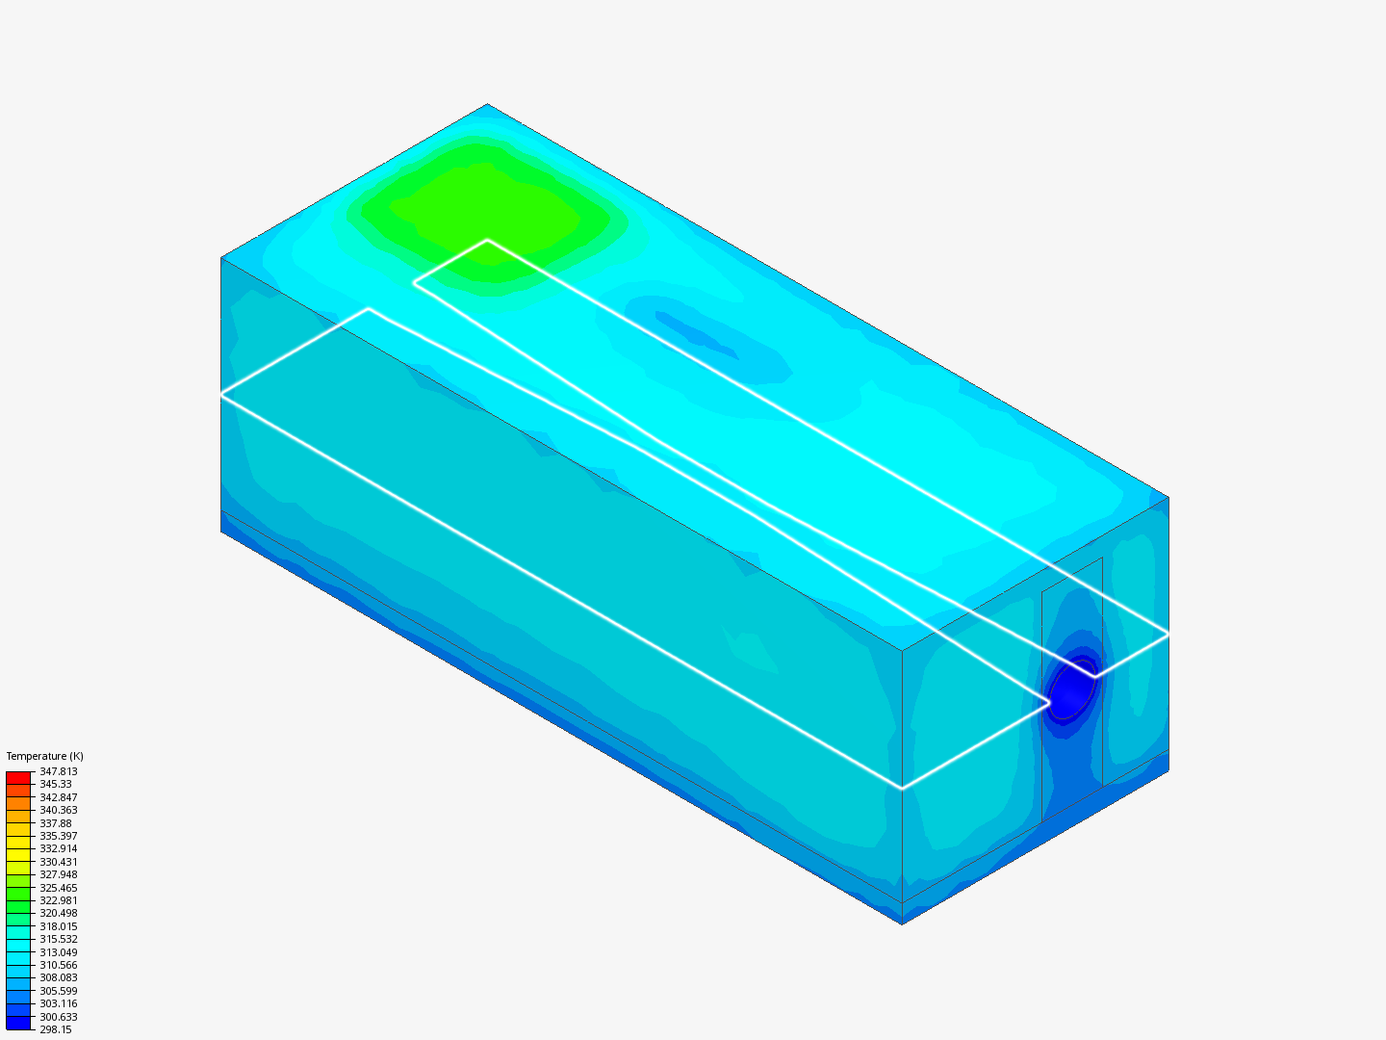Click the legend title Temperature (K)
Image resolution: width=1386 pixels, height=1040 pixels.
point(45,756)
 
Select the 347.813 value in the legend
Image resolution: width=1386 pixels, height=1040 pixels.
point(59,771)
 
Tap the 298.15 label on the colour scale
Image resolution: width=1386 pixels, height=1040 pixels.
point(56,1029)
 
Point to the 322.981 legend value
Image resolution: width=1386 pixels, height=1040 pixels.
point(59,900)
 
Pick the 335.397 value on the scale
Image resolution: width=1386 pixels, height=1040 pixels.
point(59,836)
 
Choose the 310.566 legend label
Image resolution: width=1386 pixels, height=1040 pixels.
point(59,965)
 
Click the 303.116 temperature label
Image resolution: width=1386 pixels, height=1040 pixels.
point(59,1003)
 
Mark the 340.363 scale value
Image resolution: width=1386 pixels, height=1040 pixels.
point(59,810)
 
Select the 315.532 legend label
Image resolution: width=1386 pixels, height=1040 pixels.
point(59,939)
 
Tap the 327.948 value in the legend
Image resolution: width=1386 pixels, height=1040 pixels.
point(59,874)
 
